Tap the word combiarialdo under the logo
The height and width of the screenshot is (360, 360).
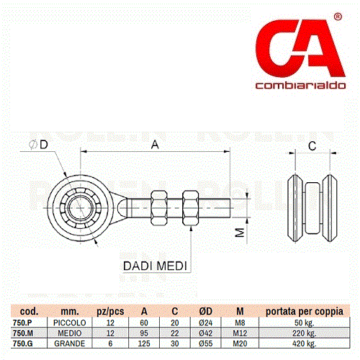point(300,85)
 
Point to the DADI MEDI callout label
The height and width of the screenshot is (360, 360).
point(155,266)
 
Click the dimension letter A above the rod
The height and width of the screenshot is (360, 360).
point(155,145)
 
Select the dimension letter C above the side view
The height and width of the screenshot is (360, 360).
point(312,146)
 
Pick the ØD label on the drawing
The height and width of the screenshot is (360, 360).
point(38,145)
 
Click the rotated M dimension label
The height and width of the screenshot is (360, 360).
point(240,233)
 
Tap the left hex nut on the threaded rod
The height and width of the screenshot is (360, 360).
point(159,208)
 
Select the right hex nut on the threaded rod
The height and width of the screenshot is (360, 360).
point(191,208)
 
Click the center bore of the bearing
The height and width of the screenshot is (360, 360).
point(80,208)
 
